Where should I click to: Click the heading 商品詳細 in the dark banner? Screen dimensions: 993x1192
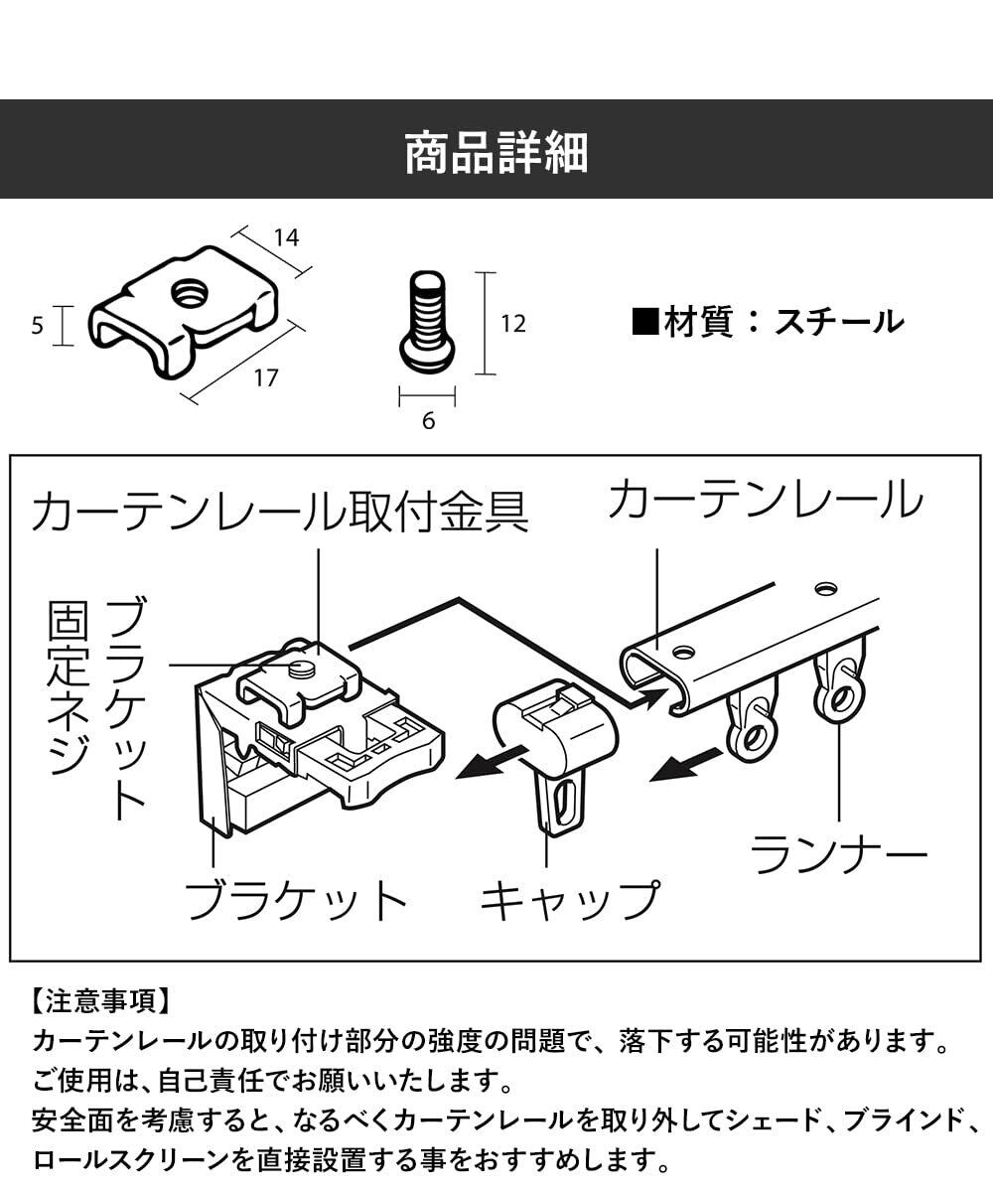click(x=496, y=153)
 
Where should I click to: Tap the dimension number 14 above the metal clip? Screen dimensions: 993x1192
click(x=286, y=237)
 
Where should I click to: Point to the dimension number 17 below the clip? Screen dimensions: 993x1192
click(x=266, y=377)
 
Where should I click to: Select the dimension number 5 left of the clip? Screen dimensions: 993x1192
click(x=37, y=326)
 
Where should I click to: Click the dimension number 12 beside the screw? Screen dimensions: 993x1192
click(x=513, y=324)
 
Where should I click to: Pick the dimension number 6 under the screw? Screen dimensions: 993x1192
click(x=429, y=421)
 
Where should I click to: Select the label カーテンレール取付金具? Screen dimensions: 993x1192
click(x=281, y=513)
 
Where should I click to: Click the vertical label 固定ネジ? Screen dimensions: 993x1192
click(x=69, y=688)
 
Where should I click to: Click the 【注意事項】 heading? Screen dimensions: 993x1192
click(x=100, y=1000)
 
